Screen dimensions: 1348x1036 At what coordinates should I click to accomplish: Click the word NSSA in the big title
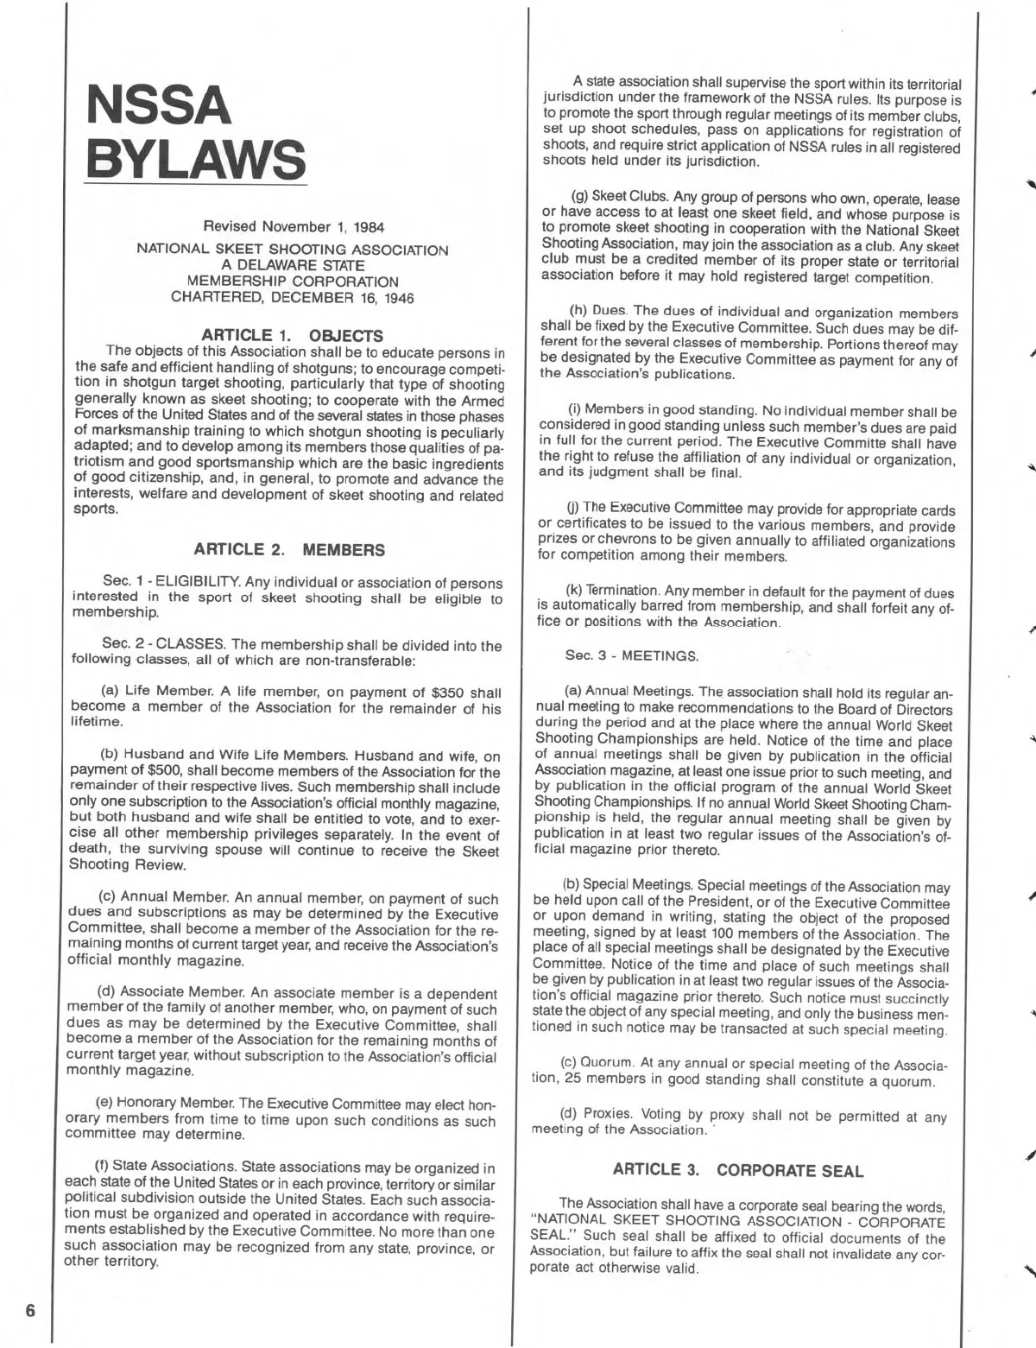(157, 104)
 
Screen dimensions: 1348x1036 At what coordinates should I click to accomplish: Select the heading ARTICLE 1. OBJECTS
(292, 334)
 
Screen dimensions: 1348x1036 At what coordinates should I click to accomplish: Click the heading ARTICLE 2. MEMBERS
(289, 549)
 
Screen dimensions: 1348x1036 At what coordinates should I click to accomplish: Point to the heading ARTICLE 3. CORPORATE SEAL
(737, 1170)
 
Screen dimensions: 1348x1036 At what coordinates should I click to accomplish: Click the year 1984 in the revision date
(367, 227)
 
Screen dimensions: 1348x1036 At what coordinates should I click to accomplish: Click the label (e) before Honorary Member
(111, 1104)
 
